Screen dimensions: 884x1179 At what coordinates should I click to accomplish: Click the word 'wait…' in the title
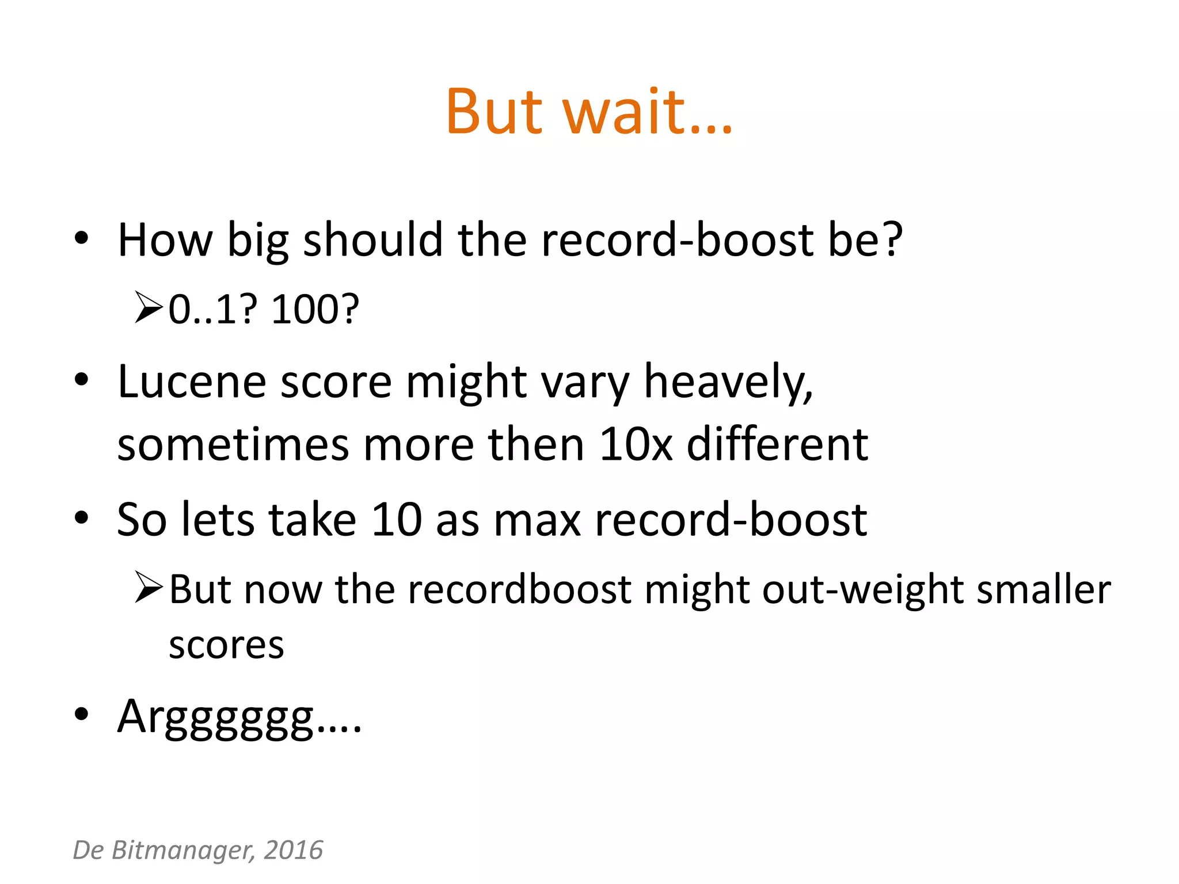click(648, 112)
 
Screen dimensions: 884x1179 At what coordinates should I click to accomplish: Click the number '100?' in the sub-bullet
click(315, 310)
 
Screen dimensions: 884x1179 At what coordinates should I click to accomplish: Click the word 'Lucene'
click(191, 382)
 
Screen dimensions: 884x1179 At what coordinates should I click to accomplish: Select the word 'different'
click(777, 444)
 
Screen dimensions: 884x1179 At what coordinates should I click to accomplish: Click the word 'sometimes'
click(233, 444)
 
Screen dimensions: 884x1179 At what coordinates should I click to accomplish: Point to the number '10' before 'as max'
click(397, 520)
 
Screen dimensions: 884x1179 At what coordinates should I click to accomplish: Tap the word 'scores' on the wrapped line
click(226, 645)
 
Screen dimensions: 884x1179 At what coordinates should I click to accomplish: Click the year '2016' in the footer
click(294, 850)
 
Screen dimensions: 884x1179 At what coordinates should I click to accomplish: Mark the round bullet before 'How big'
click(82, 238)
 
